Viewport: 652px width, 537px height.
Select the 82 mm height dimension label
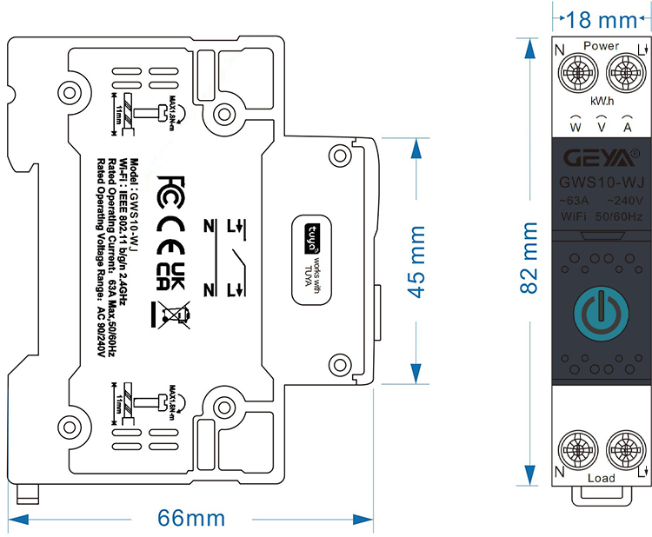[x=529, y=259]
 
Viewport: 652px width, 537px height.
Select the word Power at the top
[x=602, y=45]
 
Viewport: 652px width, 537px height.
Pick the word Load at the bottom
[x=601, y=478]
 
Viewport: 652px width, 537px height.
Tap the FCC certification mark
[x=170, y=189]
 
